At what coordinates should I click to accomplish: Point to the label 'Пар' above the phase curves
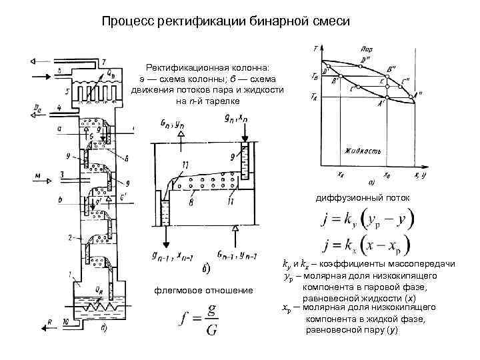click(365, 50)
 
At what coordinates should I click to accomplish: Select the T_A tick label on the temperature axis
click(317, 97)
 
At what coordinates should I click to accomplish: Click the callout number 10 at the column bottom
click(65, 321)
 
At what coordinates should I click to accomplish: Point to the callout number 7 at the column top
click(103, 62)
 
